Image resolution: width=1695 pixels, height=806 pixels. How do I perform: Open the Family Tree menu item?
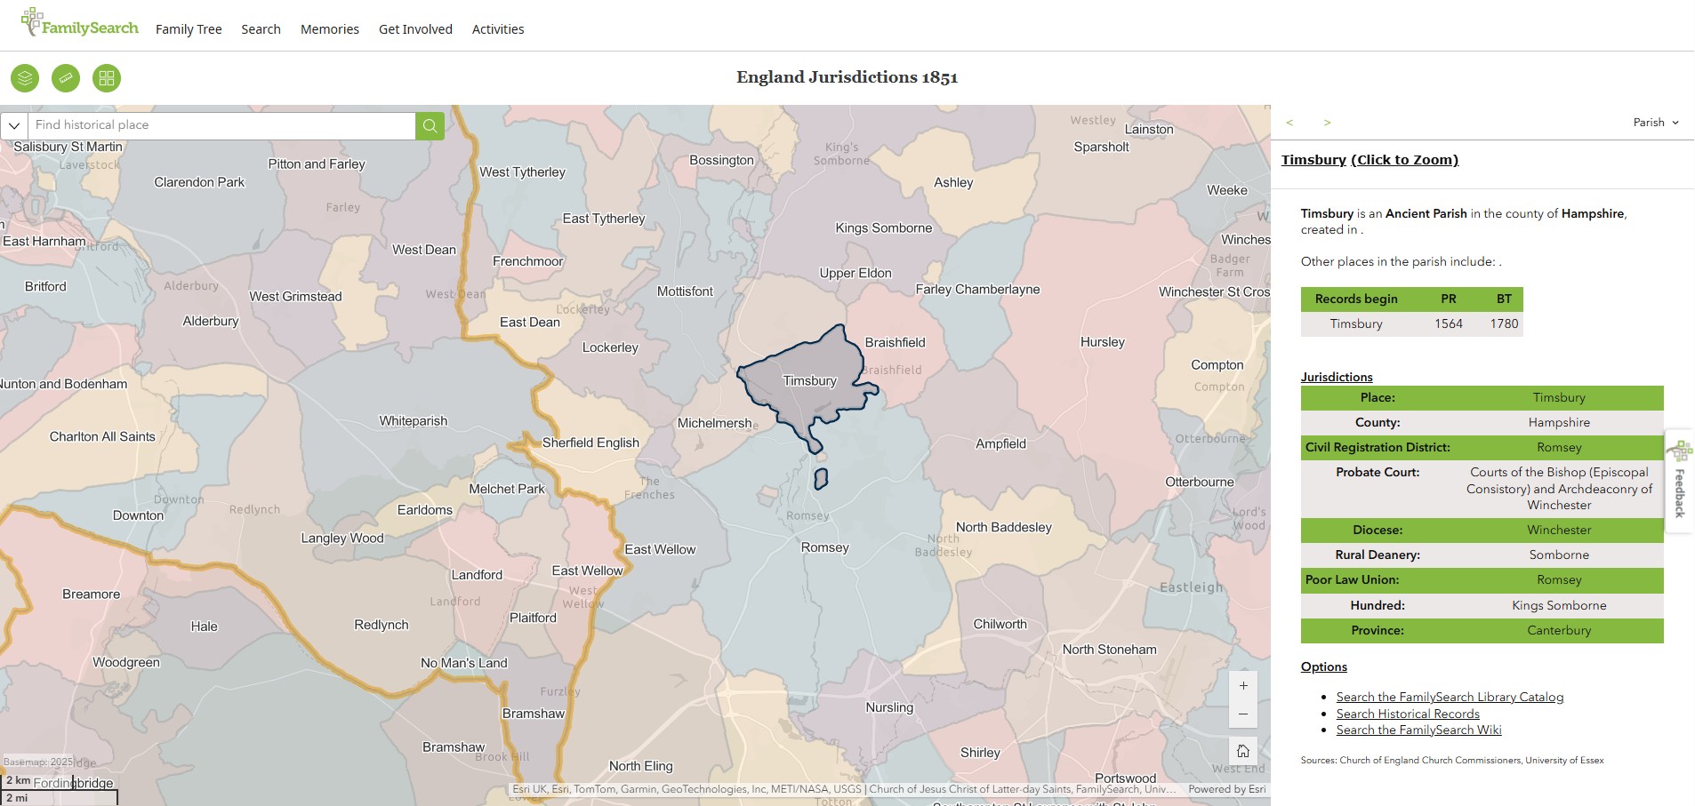[x=189, y=29]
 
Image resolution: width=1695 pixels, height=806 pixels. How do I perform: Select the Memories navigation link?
[x=330, y=29]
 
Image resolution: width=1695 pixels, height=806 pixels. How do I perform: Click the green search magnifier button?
[x=430, y=125]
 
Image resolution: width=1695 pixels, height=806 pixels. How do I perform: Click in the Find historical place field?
[x=222, y=125]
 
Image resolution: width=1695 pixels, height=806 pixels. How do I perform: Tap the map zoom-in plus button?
[x=1243, y=686]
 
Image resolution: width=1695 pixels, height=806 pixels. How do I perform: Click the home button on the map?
[x=1243, y=751]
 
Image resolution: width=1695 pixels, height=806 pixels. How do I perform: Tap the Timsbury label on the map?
[x=809, y=381]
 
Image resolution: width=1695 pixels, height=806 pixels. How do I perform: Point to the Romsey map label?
[x=824, y=547]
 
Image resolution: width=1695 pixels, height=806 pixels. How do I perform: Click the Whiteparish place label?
[x=414, y=421]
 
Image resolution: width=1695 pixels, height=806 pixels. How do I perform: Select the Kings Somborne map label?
[x=883, y=228]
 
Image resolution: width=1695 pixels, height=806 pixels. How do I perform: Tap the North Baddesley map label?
[x=1003, y=527]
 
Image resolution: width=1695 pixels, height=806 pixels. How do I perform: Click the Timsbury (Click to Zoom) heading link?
[x=1370, y=160]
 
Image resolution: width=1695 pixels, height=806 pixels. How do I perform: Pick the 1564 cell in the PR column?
[x=1448, y=323]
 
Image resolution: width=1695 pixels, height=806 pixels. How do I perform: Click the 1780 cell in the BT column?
[x=1504, y=323]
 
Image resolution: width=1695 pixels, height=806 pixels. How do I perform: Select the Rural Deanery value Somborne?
[x=1558, y=555]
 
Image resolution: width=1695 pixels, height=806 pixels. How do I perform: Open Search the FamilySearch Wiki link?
[x=1418, y=730]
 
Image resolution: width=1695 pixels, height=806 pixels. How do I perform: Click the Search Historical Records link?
[x=1408, y=714]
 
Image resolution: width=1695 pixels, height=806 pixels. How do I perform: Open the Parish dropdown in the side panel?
[x=1656, y=123]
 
